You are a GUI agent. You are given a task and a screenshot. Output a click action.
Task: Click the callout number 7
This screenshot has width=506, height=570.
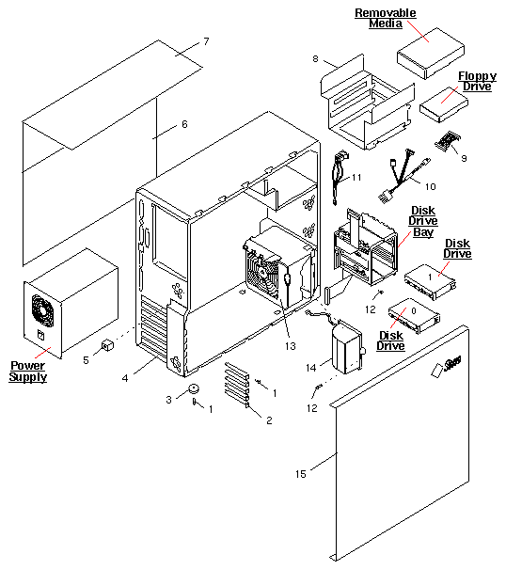pyautogui.click(x=206, y=42)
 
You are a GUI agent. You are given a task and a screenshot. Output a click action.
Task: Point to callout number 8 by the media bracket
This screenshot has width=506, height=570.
pyautogui.click(x=317, y=59)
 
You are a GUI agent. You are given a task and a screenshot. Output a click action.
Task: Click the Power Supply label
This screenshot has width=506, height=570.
pyautogui.click(x=27, y=371)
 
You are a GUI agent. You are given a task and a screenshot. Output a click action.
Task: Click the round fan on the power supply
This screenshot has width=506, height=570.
pyautogui.click(x=41, y=308)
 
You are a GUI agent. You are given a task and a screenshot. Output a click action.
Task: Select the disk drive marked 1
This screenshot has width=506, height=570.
pyautogui.click(x=428, y=277)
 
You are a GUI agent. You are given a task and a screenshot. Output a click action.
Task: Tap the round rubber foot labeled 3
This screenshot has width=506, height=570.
pyautogui.click(x=195, y=388)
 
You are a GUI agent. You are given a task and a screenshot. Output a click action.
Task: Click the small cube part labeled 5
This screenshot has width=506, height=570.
pyautogui.click(x=107, y=345)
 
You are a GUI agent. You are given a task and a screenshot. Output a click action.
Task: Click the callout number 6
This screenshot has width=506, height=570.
pyautogui.click(x=184, y=124)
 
